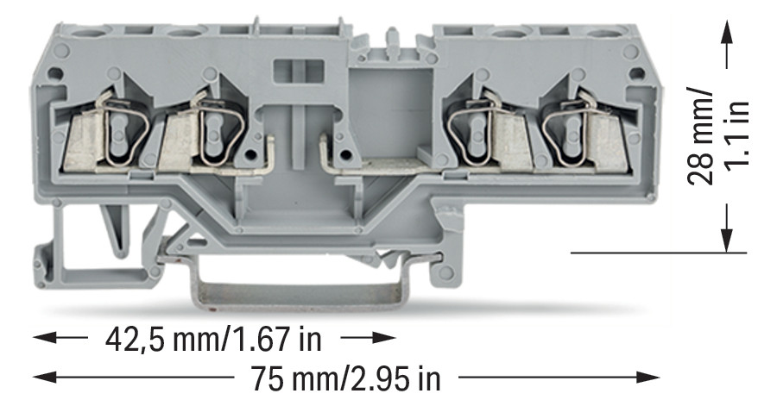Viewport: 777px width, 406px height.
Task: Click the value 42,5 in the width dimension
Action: click(136, 340)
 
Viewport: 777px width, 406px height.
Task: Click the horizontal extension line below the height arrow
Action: click(656, 253)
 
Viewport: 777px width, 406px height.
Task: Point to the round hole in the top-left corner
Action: click(59, 73)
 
